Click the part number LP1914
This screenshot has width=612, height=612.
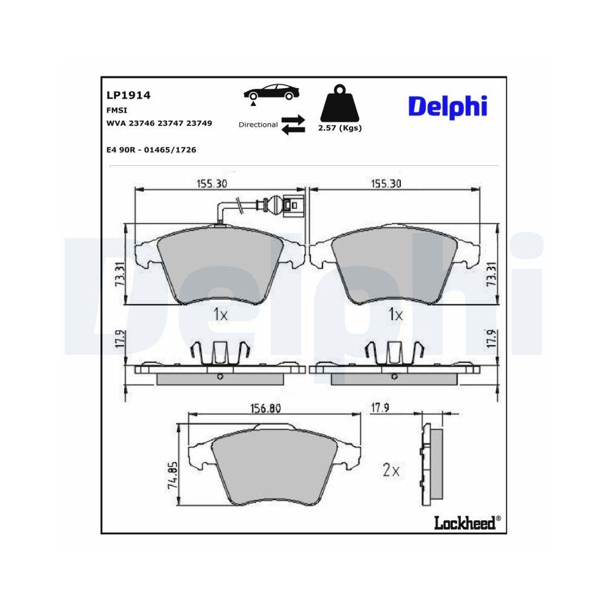[x=129, y=95]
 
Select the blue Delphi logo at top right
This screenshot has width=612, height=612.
[x=448, y=106]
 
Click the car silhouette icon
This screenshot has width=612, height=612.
[x=271, y=92]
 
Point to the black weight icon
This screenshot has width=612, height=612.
[x=339, y=103]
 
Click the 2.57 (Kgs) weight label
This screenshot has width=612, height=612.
[x=340, y=128]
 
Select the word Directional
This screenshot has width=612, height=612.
[x=258, y=125]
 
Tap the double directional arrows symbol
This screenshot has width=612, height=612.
[x=293, y=125]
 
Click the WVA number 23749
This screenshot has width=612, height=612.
[x=199, y=124]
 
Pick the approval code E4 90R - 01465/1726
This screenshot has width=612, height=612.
[x=151, y=150]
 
